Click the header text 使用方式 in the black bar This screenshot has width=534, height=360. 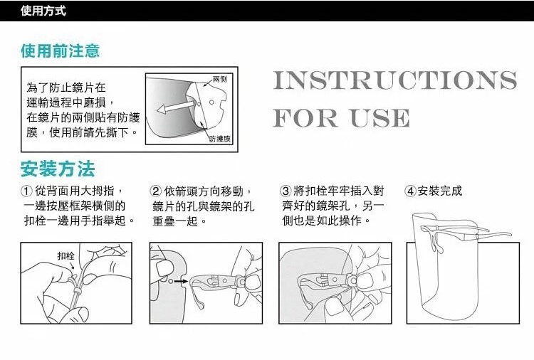(x=43, y=11)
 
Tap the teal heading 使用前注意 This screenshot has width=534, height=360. (x=60, y=51)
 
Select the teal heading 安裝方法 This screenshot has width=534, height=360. (x=58, y=169)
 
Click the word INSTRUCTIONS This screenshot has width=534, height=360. (x=395, y=80)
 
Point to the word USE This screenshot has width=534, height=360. (x=380, y=118)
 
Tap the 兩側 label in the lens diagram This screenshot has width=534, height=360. (x=220, y=79)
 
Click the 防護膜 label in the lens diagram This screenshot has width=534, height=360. (x=220, y=139)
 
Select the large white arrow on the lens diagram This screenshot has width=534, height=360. (x=176, y=106)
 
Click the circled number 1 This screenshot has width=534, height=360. (x=26, y=191)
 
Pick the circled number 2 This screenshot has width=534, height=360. (x=155, y=191)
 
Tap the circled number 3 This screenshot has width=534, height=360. (x=286, y=191)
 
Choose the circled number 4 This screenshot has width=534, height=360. (x=410, y=191)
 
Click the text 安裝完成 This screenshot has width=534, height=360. (x=440, y=191)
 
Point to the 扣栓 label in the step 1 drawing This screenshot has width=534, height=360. (x=66, y=256)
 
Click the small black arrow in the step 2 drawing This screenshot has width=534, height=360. (x=181, y=282)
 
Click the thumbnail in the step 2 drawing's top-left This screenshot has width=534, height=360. (x=164, y=268)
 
